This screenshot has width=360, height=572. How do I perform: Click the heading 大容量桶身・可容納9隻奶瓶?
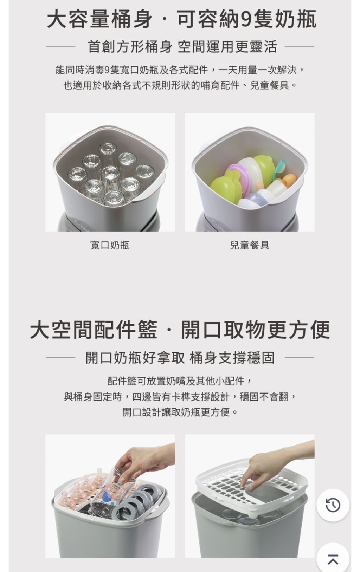pyautogui.click(x=182, y=19)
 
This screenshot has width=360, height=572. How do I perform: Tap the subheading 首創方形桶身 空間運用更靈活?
pyautogui.click(x=182, y=47)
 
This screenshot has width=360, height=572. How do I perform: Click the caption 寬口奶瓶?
pyautogui.click(x=110, y=245)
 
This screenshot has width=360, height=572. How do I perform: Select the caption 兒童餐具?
pyautogui.click(x=250, y=245)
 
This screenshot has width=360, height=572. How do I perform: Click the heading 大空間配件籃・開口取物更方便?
pyautogui.click(x=180, y=330)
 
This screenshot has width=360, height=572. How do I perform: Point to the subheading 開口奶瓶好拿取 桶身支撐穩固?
pyautogui.click(x=180, y=358)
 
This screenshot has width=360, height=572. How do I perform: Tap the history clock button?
pyautogui.click(x=333, y=505)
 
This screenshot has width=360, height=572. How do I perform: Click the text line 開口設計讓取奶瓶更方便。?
pyautogui.click(x=180, y=412)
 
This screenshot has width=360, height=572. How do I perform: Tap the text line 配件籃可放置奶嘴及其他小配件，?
pyautogui.click(x=180, y=381)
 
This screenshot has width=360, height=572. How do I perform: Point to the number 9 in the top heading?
pyautogui.click(x=247, y=19)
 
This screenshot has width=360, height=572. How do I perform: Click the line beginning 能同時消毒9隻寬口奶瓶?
pyautogui.click(x=180, y=70)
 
